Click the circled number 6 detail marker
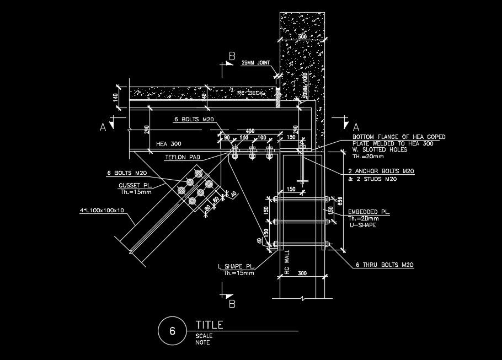coord(172,331)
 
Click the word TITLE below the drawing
coord(209,325)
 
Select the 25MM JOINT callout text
coord(255,63)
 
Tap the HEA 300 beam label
coord(169,144)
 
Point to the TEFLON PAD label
coord(183,158)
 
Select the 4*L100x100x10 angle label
coord(102,210)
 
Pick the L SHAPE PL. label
coord(236,267)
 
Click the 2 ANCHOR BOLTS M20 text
coord(381,172)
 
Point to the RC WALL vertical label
coord(287,261)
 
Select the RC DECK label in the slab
coord(251,93)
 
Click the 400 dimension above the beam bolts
coord(250,131)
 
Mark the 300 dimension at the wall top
coord(302,36)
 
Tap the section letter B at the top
coord(232,56)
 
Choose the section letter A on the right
coord(356,126)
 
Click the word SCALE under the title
coord(204,336)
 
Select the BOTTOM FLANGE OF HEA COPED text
coord(399,137)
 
